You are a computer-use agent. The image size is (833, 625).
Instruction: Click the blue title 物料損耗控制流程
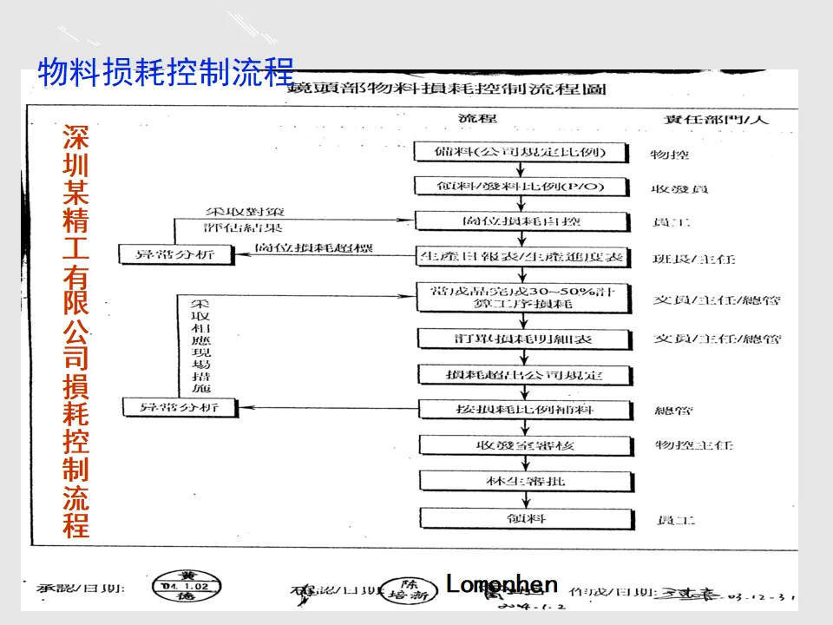[x=166, y=72]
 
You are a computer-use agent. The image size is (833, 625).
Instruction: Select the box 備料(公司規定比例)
[x=519, y=152]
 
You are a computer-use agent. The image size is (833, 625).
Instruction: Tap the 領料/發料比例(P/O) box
[x=519, y=186]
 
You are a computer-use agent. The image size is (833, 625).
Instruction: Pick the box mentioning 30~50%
[x=519, y=297]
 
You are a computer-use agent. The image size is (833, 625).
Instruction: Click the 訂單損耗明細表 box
[x=519, y=339]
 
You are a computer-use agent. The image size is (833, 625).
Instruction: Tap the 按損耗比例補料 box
[x=519, y=409]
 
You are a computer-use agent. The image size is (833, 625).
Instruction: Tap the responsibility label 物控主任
[x=694, y=445]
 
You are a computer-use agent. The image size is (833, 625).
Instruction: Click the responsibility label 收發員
[x=676, y=188]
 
